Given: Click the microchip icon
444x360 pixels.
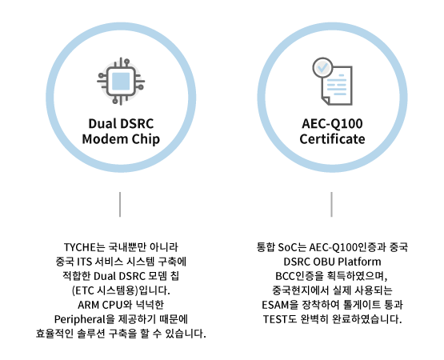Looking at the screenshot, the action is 121,82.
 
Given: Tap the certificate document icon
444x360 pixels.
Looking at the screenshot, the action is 333,82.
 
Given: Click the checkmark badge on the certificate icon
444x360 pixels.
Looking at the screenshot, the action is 323,67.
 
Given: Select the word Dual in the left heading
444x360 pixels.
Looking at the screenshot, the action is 99,123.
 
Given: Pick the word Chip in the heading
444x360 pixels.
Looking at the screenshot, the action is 147,140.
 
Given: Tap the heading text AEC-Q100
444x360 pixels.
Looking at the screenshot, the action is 332,124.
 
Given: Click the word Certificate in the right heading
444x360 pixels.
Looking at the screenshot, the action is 332,139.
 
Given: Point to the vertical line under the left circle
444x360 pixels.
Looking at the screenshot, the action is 120,205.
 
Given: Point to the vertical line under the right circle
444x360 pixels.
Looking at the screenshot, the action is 331,205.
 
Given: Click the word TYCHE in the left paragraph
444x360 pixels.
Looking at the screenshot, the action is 80,247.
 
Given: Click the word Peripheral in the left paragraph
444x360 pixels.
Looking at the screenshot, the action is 79,319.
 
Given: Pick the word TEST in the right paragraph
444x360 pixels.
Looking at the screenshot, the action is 274,319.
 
